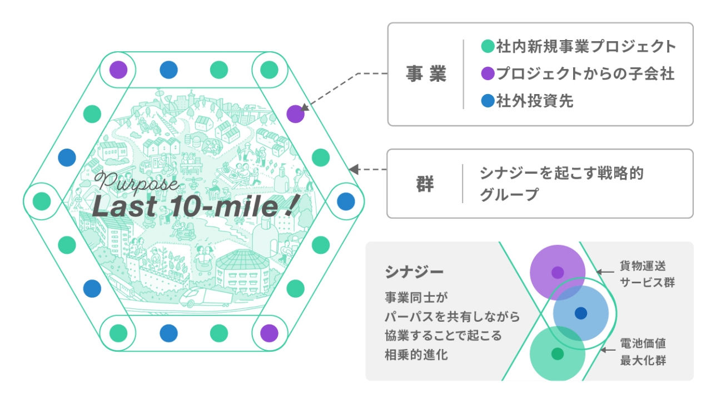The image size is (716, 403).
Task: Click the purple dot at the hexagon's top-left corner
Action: (x=118, y=70)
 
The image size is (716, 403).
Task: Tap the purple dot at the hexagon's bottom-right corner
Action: (x=269, y=333)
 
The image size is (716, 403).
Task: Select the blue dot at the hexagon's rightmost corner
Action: (x=346, y=202)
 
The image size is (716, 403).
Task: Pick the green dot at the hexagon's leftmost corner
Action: (x=42, y=202)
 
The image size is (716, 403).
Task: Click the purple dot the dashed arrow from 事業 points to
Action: (x=295, y=114)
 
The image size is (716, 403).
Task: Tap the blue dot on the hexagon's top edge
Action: (x=168, y=70)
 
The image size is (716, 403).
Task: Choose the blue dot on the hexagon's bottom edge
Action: (x=168, y=333)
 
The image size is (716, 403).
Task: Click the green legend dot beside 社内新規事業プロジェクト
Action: (x=488, y=46)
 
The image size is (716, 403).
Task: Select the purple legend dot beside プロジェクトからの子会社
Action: (x=488, y=73)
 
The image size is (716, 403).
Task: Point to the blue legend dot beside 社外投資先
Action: (x=488, y=101)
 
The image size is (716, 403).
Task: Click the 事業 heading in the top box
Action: (x=426, y=73)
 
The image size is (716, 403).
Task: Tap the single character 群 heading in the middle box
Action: (x=425, y=184)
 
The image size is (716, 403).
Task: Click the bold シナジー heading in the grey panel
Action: (x=414, y=272)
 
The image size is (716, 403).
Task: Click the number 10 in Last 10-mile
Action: (x=188, y=206)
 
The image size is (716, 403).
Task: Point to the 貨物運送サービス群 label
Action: (x=647, y=274)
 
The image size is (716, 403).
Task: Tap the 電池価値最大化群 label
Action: (x=643, y=352)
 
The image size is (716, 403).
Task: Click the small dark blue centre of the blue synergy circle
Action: (x=581, y=313)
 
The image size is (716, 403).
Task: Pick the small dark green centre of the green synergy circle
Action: (x=558, y=354)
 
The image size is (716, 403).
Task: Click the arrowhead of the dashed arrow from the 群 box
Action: (x=353, y=169)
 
